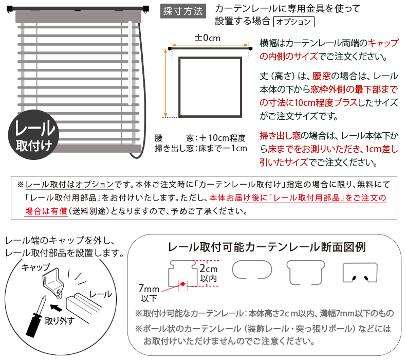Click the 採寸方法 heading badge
point(183,11)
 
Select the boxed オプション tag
point(293,22)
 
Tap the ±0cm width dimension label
point(208,38)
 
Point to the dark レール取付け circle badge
point(33,135)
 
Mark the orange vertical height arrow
point(165,83)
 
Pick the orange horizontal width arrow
point(210,45)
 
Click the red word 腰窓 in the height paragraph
point(321,76)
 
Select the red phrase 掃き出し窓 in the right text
point(280,136)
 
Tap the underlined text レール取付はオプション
point(70,185)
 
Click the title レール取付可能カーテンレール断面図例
point(267,247)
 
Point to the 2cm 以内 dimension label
point(209,273)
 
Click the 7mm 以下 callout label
point(149,293)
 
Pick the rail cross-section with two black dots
point(360,273)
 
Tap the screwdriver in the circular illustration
point(36,317)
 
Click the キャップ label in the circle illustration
point(36,267)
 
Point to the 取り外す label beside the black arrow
point(60,321)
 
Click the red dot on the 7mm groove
point(183,284)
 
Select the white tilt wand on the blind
point(130,63)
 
